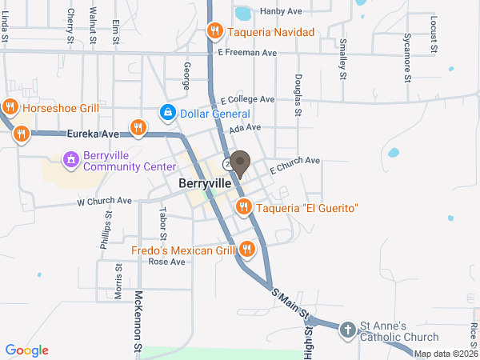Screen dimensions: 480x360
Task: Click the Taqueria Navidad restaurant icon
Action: coord(214,32)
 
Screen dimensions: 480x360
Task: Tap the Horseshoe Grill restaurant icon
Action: coord(10,106)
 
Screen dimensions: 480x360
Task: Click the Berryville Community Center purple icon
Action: coord(71,160)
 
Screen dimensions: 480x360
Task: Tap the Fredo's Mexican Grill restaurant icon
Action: coord(246,250)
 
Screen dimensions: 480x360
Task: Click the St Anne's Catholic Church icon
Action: coord(347,330)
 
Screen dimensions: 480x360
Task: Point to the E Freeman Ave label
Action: coord(247,53)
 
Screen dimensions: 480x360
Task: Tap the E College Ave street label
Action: coord(248,99)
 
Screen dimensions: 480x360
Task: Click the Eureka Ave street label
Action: coord(93,133)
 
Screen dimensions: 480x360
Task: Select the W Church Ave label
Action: coord(104,201)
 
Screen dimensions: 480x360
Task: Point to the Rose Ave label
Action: coord(167,262)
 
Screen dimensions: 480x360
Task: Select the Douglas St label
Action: coord(297,95)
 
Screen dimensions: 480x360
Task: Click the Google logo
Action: coord(27,350)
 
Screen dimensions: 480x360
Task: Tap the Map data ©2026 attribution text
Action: coord(445,354)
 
